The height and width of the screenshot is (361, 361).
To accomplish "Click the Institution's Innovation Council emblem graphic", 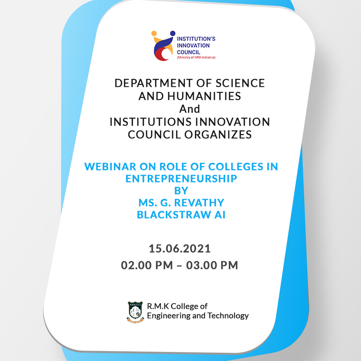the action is (x=162, y=46).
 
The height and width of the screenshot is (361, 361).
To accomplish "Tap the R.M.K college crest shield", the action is (x=135, y=312).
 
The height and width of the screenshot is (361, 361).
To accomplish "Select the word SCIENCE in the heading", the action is (x=240, y=83).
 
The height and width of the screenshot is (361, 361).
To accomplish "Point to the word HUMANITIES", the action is (x=204, y=96).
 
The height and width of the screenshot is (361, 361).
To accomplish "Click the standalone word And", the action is (x=189, y=109).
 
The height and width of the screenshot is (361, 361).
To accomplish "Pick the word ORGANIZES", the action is (x=218, y=134).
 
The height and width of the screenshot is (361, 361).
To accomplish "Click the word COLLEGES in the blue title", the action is (x=236, y=167).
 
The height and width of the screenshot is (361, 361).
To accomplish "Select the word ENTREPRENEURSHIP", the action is (x=181, y=179).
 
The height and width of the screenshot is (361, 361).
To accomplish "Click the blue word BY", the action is (x=181, y=191).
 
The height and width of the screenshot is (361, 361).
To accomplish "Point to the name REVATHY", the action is (x=199, y=203).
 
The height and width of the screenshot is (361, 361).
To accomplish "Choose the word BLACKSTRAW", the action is (x=174, y=215).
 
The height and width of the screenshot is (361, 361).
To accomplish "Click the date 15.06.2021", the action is (x=179, y=249).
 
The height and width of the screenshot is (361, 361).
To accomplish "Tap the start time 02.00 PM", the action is (x=147, y=265).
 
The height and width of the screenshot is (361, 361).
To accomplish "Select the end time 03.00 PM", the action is (x=212, y=265).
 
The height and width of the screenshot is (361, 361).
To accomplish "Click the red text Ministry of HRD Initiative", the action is (x=196, y=57).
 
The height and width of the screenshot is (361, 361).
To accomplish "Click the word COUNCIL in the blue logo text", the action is (x=188, y=52).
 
